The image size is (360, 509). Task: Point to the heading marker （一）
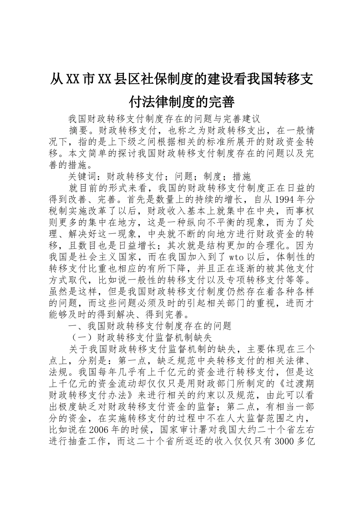click(x=78, y=337)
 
